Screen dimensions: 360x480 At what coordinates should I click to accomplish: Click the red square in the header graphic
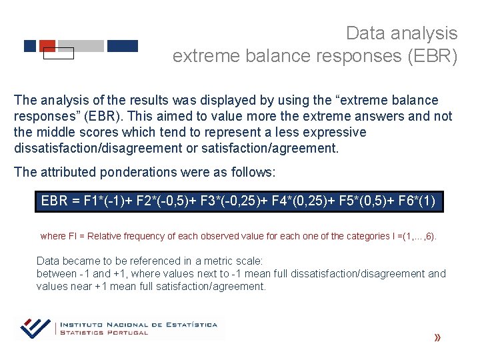47,45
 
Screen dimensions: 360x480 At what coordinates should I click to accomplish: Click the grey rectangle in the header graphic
81,46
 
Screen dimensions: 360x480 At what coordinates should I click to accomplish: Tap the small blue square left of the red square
30,46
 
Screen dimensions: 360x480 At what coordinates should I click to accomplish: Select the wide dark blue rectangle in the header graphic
122,46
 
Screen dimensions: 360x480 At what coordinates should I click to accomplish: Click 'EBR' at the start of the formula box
55,201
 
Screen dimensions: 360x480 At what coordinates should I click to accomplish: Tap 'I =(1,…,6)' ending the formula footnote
413,236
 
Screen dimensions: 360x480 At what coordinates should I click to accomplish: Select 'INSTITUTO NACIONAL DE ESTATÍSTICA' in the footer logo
139,325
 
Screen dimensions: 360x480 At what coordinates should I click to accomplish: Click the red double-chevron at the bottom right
437,338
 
